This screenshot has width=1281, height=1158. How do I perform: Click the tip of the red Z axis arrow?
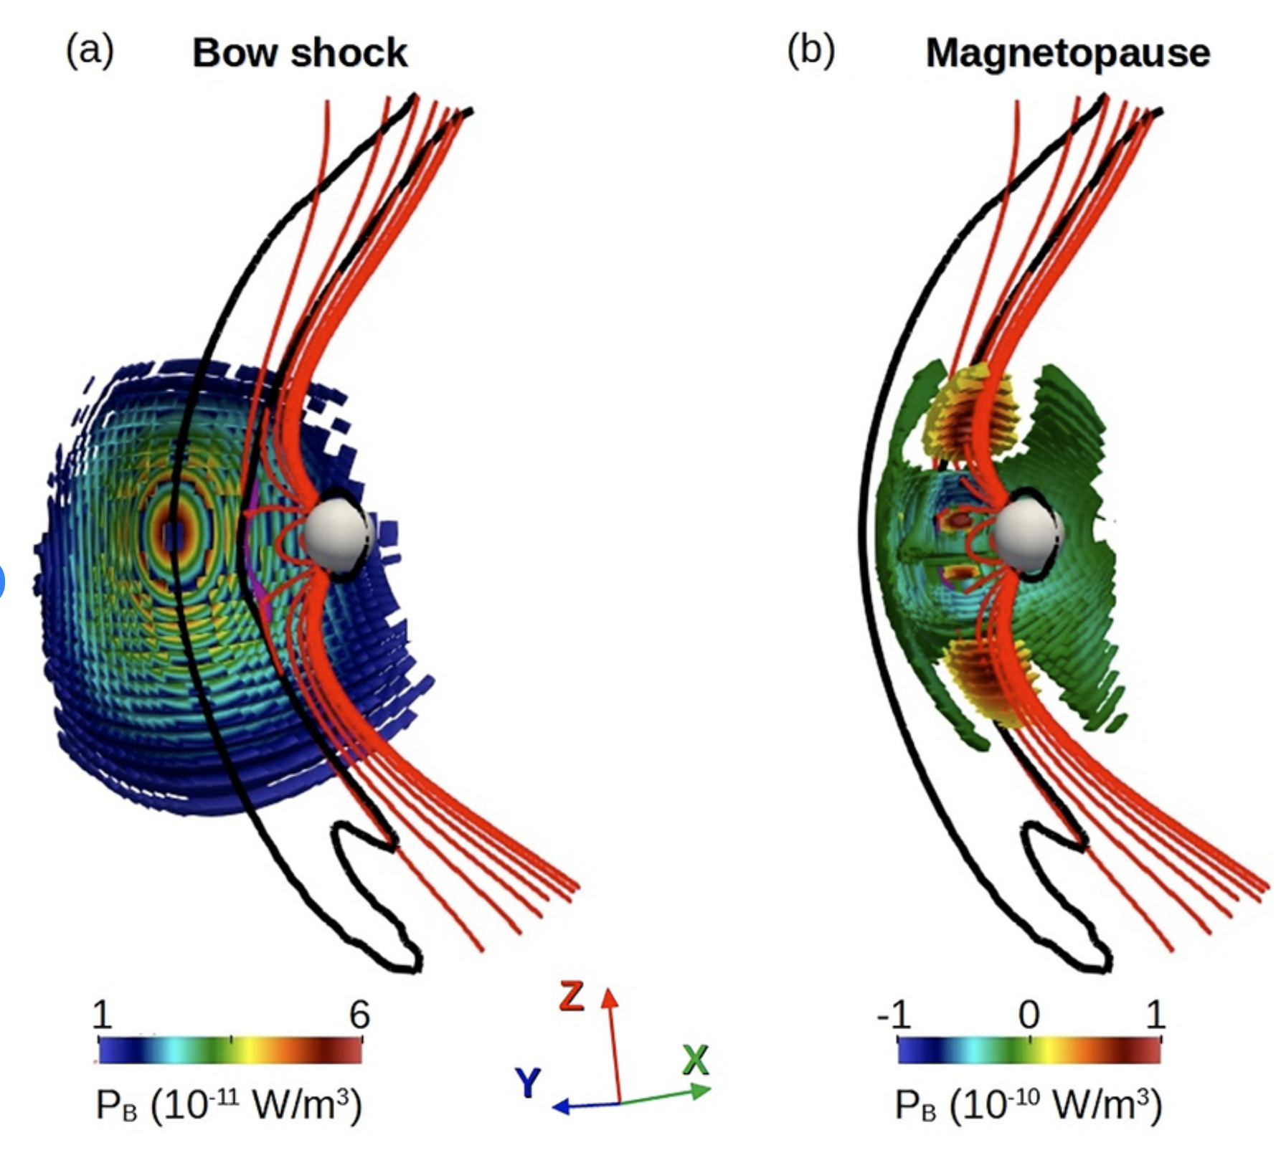click(610, 989)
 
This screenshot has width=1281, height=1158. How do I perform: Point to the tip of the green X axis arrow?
click(711, 1090)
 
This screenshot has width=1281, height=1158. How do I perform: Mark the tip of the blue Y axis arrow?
click(552, 1107)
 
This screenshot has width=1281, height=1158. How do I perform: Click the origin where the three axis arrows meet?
click(620, 1103)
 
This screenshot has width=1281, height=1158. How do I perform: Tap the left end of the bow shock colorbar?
click(100, 1051)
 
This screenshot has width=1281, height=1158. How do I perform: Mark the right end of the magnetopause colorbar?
click(1161, 1051)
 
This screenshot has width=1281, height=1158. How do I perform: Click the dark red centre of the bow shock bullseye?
click(172, 534)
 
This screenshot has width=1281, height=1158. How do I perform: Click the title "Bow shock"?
click(300, 53)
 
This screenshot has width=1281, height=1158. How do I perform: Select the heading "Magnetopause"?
click(1068, 53)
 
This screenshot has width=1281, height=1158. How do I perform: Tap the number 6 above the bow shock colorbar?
click(359, 1015)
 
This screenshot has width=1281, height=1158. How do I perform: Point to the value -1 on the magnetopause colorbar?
click(894, 1015)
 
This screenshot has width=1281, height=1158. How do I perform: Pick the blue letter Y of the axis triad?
click(529, 1083)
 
